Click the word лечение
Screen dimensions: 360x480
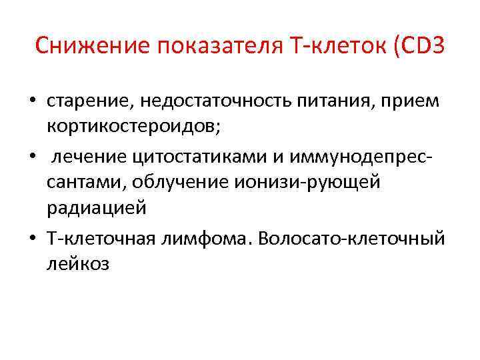(x=91, y=156)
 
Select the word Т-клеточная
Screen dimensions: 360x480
(x=102, y=237)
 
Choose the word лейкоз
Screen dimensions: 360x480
(x=79, y=264)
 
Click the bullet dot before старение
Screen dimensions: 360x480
(x=32, y=102)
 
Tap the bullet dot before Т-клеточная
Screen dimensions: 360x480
(x=32, y=238)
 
